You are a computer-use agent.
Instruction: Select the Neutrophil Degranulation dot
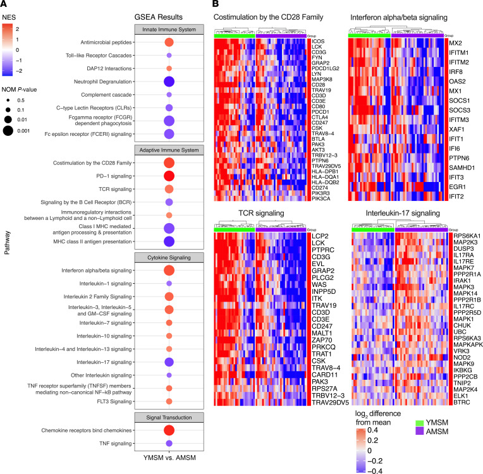pyautogui.click(x=169, y=82)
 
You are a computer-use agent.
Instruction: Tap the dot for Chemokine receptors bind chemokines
pyautogui.click(x=169, y=430)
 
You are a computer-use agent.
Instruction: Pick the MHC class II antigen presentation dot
pyautogui.click(x=169, y=241)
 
